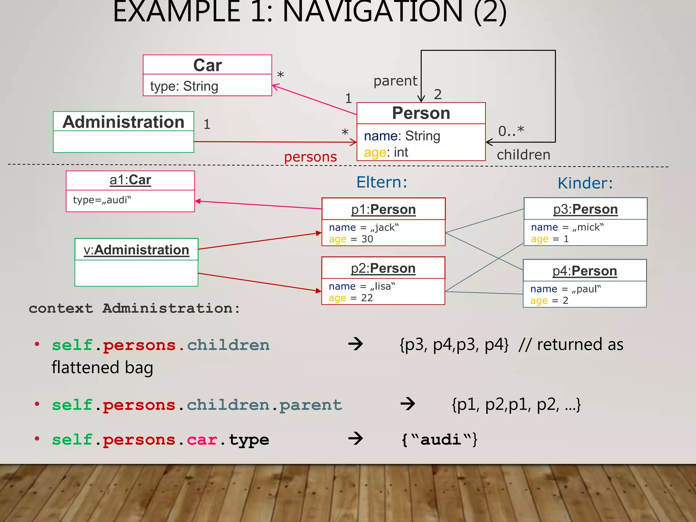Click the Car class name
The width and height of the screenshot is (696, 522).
(207, 65)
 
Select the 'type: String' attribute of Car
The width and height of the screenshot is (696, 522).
(184, 86)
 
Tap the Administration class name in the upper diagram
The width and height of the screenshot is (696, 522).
(123, 122)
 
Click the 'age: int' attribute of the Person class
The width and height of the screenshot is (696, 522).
(386, 152)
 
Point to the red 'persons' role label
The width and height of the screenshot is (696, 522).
(310, 157)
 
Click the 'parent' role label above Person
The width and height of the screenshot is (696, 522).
(395, 81)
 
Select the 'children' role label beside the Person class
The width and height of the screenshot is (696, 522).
(523, 155)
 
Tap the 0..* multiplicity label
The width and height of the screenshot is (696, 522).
(511, 131)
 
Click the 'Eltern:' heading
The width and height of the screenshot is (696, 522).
(382, 182)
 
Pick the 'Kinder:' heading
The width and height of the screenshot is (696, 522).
(585, 183)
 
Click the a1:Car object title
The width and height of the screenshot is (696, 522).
(130, 180)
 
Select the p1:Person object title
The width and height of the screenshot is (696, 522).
(383, 209)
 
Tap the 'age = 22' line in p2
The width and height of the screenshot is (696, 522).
(351, 298)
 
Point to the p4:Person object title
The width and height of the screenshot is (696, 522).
(585, 271)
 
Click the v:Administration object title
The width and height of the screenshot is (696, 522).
(136, 250)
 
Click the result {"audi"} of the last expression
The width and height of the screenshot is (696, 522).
(439, 439)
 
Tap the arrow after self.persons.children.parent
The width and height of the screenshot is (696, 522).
(407, 404)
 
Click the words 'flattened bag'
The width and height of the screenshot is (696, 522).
(102, 368)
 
